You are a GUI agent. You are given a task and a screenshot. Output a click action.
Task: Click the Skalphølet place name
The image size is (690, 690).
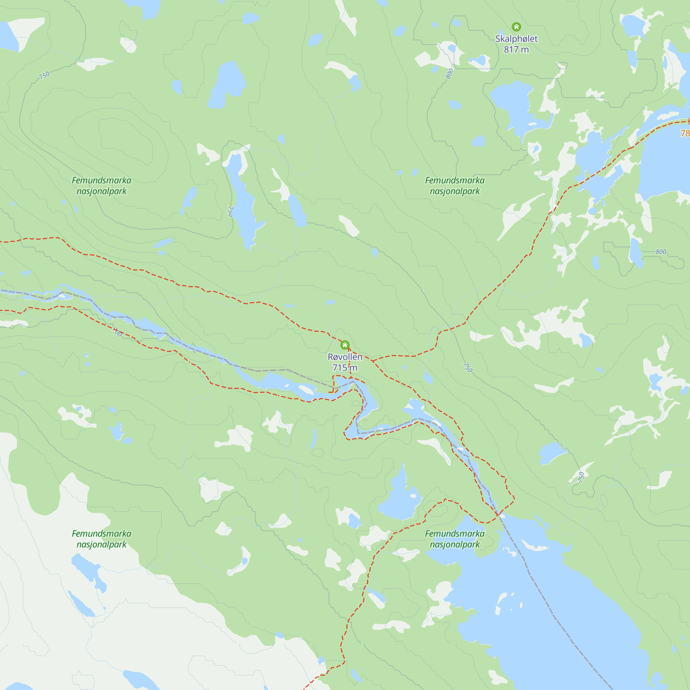click(x=516, y=39)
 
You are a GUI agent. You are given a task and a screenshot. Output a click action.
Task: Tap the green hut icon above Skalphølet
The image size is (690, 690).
click(x=516, y=27)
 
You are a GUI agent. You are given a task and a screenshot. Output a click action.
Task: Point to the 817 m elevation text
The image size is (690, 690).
click(x=516, y=50)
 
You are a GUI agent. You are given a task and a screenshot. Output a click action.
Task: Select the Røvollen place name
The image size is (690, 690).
click(x=345, y=357)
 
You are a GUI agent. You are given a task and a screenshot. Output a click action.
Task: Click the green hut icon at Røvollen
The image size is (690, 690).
click(x=345, y=345)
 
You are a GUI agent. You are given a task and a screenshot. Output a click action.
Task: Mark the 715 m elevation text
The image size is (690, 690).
click(x=345, y=367)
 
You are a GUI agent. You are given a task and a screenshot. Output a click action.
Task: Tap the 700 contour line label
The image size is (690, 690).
click(x=118, y=332)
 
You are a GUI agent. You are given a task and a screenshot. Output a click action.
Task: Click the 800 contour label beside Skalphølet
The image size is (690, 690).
click(x=450, y=73)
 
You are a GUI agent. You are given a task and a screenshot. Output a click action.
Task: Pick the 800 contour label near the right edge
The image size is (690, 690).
click(x=661, y=252)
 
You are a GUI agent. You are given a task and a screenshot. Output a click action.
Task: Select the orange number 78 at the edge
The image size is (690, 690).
click(x=685, y=133)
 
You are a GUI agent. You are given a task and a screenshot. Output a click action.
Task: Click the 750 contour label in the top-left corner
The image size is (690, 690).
click(x=44, y=75)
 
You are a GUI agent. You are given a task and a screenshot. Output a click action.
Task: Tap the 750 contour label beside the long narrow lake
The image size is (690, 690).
click(x=230, y=211)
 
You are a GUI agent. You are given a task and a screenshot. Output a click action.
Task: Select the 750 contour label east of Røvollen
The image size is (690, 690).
click(x=467, y=367)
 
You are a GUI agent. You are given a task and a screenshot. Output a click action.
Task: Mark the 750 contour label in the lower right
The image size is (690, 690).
click(x=581, y=477)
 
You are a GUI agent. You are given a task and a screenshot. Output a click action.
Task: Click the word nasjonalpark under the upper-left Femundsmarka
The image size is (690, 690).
click(x=101, y=191)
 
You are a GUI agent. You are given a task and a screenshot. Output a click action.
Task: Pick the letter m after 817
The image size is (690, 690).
click(x=525, y=50)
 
